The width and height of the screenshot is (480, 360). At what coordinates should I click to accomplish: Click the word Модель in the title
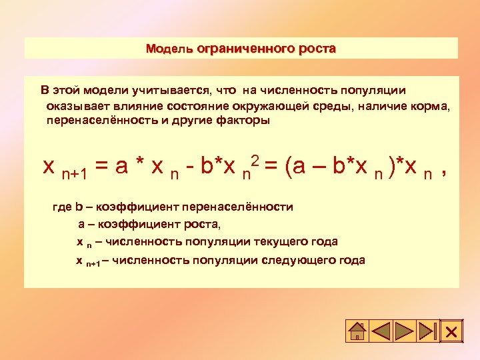[169, 49]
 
